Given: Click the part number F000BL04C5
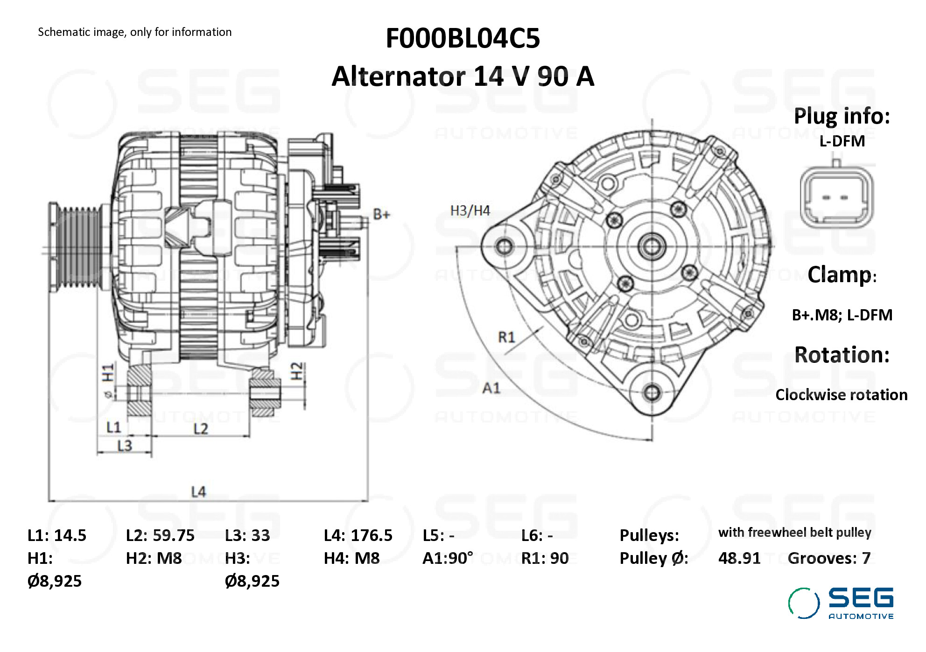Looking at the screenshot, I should [463, 38].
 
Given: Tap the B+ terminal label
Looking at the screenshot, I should [381, 215].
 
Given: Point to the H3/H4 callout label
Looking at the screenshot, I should [470, 211].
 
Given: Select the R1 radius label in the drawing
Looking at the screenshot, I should [506, 337].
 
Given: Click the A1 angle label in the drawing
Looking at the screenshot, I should [491, 388].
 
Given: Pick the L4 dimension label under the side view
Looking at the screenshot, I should [198, 492].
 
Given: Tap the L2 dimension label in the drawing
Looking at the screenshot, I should [201, 429].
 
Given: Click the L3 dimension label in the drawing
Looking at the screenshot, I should [125, 446].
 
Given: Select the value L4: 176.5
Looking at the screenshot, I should [358, 535].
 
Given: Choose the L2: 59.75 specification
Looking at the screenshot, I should [160, 535].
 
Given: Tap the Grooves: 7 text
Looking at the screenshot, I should [829, 558].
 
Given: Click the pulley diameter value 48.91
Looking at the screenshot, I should [739, 558].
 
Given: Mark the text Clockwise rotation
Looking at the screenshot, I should [841, 395].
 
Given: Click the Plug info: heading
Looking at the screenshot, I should [842, 116].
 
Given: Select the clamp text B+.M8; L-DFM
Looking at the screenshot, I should [842, 315].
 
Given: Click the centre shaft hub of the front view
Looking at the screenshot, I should [652, 246].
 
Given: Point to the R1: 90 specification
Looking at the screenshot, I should [545, 558].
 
